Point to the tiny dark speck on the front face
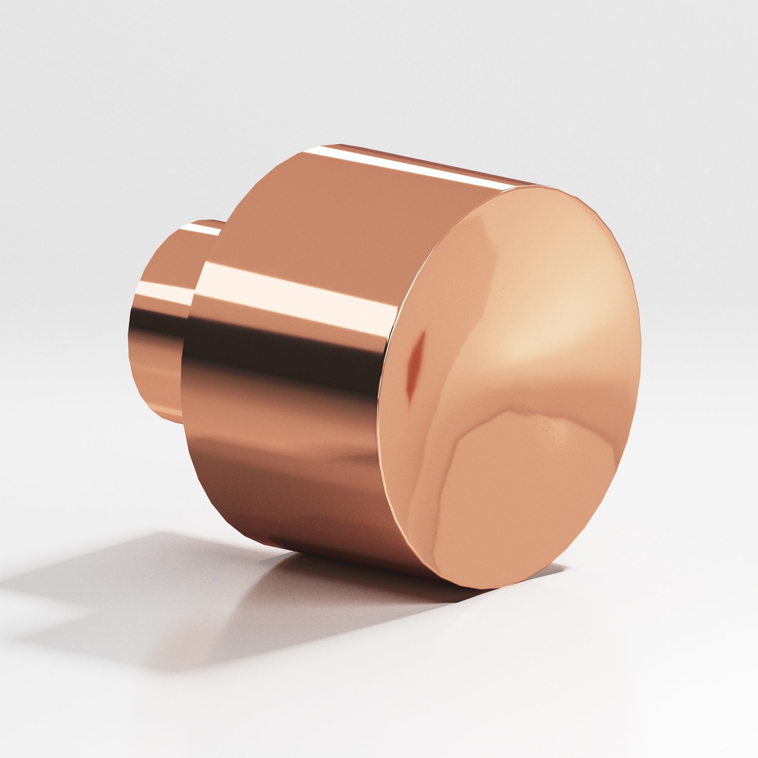pos(499,289)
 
